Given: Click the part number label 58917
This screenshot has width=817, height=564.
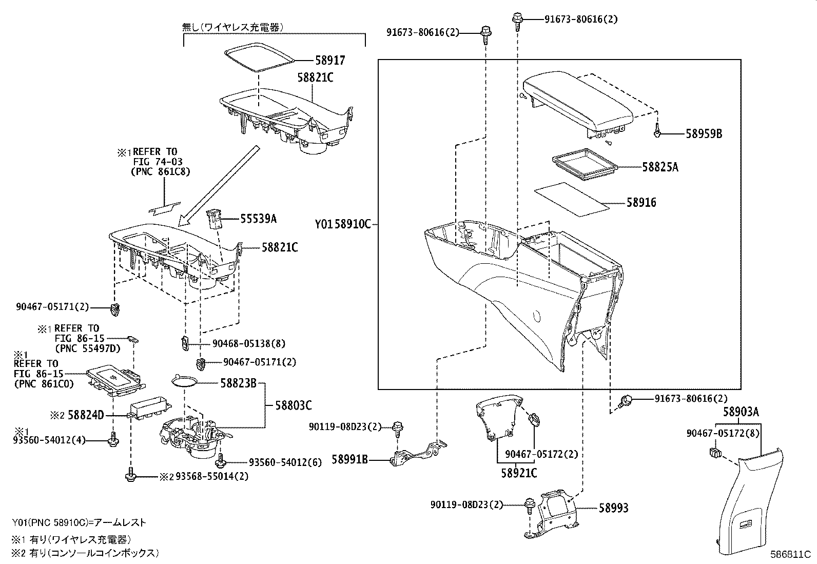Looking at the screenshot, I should click(x=330, y=61).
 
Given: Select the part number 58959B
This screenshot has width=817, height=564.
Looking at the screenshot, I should click(x=704, y=134).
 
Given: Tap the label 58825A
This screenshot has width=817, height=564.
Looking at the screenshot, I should click(x=660, y=167).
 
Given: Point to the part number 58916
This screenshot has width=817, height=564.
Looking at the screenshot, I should click(x=641, y=202).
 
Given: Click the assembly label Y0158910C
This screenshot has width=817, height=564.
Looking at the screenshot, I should click(x=342, y=224).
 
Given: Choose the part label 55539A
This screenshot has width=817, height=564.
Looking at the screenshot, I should click(x=259, y=219).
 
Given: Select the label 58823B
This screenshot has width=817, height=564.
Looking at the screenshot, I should click(x=238, y=383).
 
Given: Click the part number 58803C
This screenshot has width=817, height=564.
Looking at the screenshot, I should click(x=293, y=405).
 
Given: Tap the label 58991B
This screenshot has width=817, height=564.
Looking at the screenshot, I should click(x=349, y=460).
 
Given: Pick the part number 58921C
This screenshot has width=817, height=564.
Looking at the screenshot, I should click(x=519, y=473).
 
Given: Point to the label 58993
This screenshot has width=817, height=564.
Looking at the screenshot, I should click(x=613, y=508).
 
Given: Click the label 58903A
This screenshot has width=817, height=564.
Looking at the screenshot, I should click(x=741, y=412).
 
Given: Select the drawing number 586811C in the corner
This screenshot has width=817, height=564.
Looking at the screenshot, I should click(x=789, y=555).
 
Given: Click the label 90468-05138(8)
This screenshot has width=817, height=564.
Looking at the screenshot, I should click(x=249, y=343).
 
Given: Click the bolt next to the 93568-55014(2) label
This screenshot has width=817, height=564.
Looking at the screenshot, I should click(x=130, y=475).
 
